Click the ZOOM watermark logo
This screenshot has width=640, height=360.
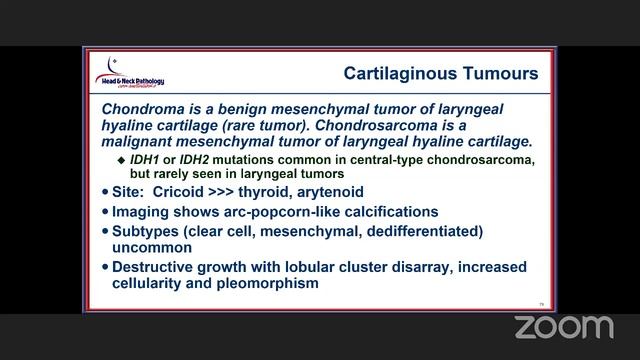point(563,327)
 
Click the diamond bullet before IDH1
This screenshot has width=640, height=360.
point(122,159)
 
